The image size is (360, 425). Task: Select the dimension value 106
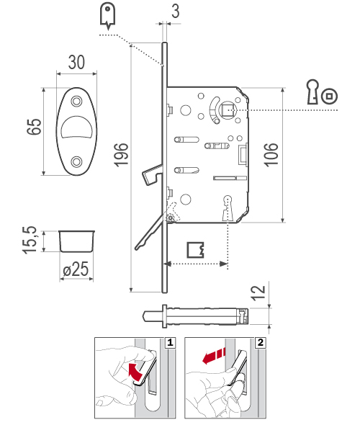point(271,154)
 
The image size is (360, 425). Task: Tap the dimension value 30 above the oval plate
point(77,63)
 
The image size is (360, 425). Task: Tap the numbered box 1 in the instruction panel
point(169,343)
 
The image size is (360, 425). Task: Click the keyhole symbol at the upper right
point(313,92)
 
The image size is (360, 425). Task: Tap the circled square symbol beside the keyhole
point(330,95)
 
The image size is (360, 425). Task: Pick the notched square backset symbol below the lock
point(196,249)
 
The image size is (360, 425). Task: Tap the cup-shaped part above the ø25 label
point(76,241)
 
